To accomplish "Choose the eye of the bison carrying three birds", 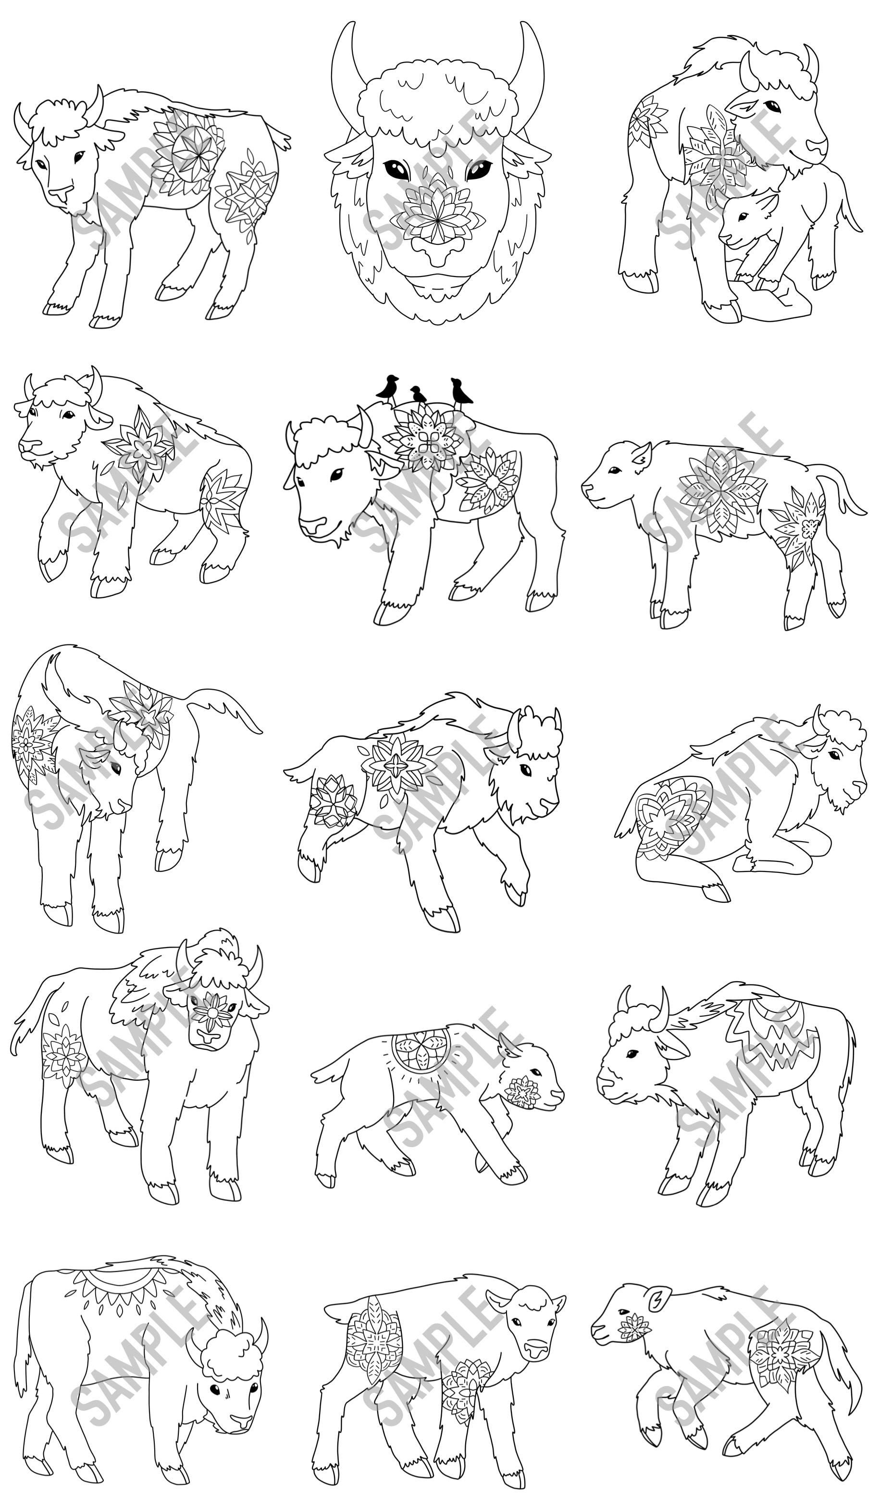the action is pyautogui.click(x=336, y=474).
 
